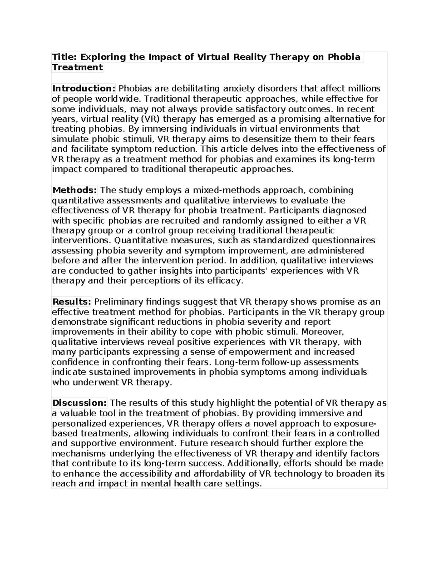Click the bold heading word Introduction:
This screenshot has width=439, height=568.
[84, 89]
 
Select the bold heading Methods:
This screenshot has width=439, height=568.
[75, 190]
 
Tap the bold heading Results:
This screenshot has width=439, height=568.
[72, 302]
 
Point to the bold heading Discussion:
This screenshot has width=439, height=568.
[79, 403]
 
